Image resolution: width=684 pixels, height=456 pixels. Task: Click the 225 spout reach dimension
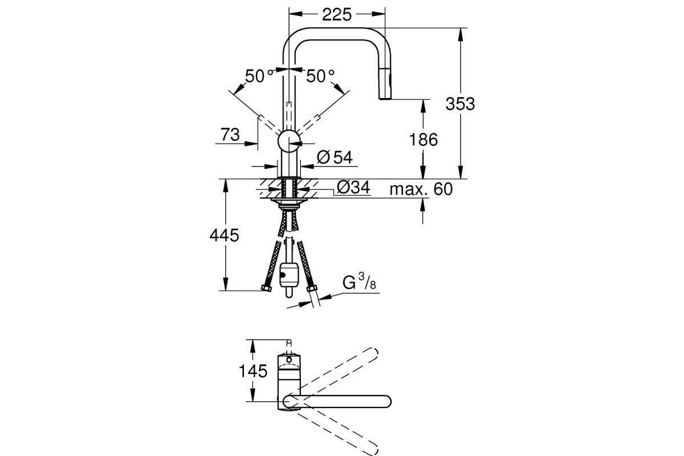pyautogui.click(x=337, y=14)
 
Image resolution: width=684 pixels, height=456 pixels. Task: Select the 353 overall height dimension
pyautogui.click(x=460, y=104)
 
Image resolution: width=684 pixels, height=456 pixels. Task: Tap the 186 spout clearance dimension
pyautogui.click(x=423, y=140)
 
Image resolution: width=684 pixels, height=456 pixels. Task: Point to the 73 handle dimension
pyautogui.click(x=230, y=135)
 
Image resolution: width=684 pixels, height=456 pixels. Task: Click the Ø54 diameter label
pyautogui.click(x=335, y=157)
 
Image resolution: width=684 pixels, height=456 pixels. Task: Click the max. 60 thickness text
pyautogui.click(x=421, y=189)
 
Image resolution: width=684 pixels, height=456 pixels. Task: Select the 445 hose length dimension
pyautogui.click(x=224, y=235)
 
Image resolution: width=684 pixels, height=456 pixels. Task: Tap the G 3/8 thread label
pyautogui.click(x=359, y=282)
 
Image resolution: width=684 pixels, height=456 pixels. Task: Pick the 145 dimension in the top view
pyautogui.click(x=253, y=372)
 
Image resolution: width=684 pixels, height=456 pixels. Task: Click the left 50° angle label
pyautogui.click(x=259, y=76)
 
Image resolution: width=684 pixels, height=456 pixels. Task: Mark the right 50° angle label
pyautogui.click(x=320, y=76)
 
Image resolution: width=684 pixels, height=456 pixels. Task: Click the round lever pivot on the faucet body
pyautogui.click(x=289, y=141)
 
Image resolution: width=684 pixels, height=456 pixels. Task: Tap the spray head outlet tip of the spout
pyautogui.click(x=385, y=97)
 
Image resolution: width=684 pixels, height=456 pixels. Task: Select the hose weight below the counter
pyautogui.click(x=288, y=275)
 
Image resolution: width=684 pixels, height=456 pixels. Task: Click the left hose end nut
pyautogui.click(x=266, y=288)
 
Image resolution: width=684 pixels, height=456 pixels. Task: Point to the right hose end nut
pyautogui.click(x=312, y=288)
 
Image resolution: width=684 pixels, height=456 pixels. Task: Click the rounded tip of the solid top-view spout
pyautogui.click(x=388, y=402)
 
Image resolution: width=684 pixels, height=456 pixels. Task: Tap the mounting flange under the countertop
pyautogui.click(x=289, y=201)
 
